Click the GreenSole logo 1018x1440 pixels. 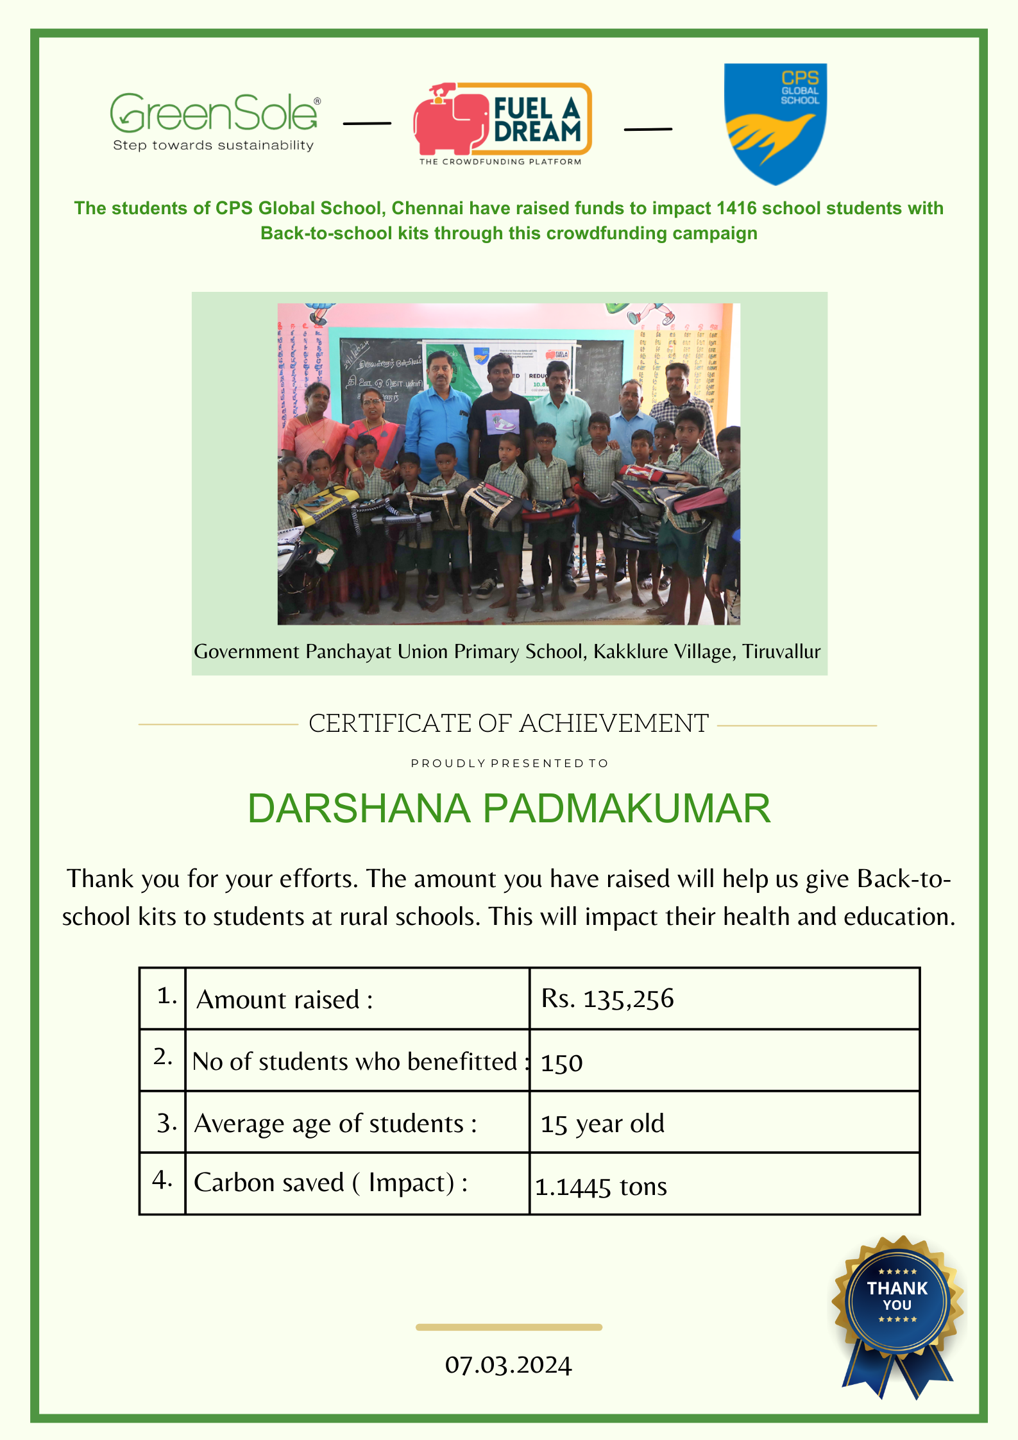point(214,114)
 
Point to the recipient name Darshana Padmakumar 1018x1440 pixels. point(509,808)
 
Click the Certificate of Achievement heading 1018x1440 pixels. point(509,724)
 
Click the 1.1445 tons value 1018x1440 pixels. point(601,1187)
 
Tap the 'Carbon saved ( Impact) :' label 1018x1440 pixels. point(330,1183)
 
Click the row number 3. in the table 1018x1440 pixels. point(166,1123)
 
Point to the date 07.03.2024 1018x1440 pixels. point(508,1365)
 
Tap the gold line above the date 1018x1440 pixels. point(509,1327)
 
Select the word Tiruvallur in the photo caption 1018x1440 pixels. point(781,652)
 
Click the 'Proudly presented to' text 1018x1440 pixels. point(509,763)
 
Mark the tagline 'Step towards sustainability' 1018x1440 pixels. point(213,146)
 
